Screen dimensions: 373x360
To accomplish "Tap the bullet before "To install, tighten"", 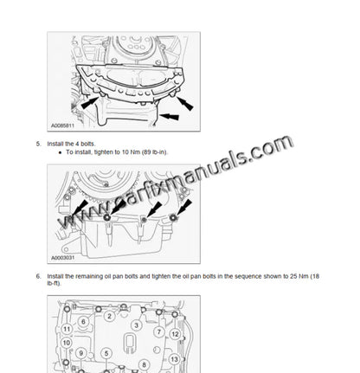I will click(58, 151).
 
